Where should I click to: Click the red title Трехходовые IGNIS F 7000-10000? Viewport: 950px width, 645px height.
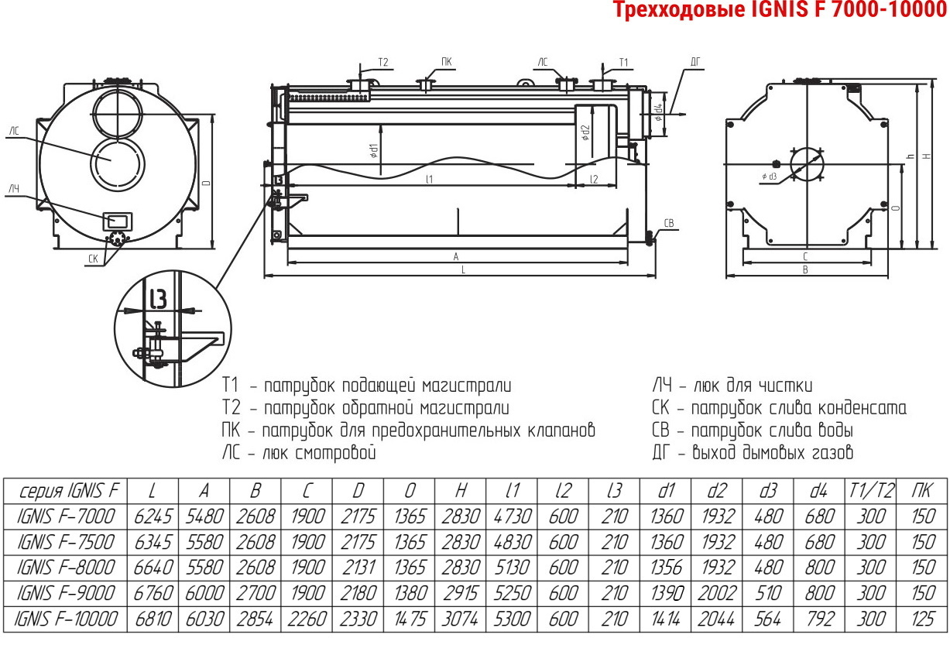(x=780, y=9)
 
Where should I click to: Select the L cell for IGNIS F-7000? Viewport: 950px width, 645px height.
(x=153, y=516)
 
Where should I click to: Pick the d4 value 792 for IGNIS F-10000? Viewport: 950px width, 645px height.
(x=819, y=619)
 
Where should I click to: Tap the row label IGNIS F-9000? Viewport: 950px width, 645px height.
(x=65, y=593)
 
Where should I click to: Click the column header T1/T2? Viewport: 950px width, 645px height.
(x=871, y=491)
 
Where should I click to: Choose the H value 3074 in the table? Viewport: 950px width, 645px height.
(x=460, y=619)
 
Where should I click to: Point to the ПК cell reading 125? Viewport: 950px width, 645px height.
(x=922, y=619)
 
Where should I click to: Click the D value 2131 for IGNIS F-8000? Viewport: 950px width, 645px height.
(x=358, y=568)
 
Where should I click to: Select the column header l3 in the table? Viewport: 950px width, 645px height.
(x=614, y=491)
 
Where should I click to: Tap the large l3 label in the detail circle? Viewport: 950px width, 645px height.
(x=159, y=299)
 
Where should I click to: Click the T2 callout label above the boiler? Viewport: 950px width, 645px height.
(x=383, y=63)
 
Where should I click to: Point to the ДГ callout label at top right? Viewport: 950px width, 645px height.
(x=695, y=63)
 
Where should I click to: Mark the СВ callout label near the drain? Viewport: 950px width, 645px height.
(x=668, y=224)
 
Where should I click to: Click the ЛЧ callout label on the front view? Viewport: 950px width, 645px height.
(x=14, y=189)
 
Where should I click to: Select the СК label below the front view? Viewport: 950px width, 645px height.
(x=93, y=259)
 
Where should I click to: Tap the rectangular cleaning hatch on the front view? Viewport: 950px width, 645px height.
(x=118, y=221)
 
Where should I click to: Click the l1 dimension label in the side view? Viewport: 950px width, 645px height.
(x=429, y=180)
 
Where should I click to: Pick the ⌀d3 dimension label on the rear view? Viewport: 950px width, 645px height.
(x=769, y=177)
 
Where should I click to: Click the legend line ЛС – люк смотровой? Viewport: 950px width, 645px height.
(x=299, y=453)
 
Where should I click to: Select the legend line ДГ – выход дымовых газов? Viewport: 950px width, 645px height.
(x=753, y=452)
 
